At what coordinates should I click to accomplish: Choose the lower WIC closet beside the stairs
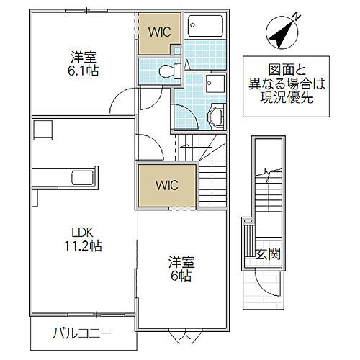[x=165, y=184]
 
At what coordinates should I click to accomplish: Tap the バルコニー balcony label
[x=81, y=334]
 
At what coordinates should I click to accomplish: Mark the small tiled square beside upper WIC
[x=178, y=50]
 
